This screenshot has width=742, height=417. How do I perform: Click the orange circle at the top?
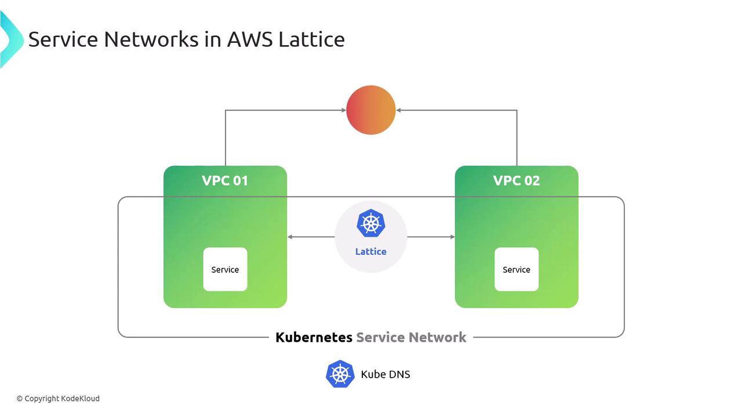coord(371,110)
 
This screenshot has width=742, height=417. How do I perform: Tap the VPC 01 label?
coord(225,180)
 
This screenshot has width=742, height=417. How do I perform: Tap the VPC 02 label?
coord(516,180)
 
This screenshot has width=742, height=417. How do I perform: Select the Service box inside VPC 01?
coord(225,269)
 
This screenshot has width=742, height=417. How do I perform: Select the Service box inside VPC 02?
coord(517,269)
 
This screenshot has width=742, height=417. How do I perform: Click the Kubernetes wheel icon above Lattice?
coord(371,224)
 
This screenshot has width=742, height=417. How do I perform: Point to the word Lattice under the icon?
coord(371,251)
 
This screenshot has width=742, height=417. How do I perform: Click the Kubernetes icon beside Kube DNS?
coord(340,374)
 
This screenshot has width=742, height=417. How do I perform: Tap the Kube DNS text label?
coord(385,374)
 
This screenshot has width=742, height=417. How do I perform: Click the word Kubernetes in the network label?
coord(314,337)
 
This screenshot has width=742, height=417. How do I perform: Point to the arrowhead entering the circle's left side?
coord(343,110)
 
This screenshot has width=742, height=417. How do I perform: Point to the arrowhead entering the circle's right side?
coord(399,110)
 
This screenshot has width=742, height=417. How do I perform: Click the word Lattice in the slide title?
coord(311,39)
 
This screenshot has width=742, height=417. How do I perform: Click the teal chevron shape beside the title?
coord(10,39)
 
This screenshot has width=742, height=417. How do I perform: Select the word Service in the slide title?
coord(63,39)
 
